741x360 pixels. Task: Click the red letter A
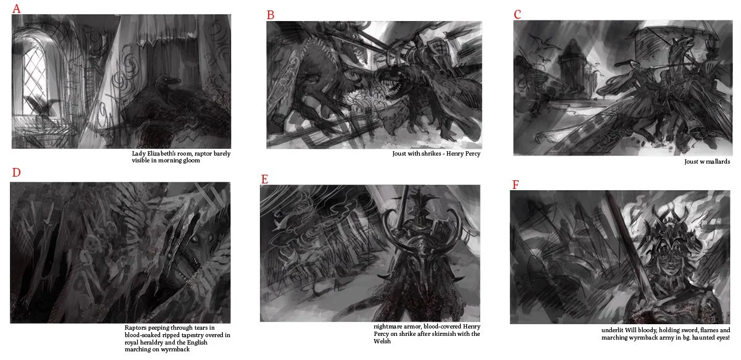[16, 8]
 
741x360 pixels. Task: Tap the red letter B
[270, 15]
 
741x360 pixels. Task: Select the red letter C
[517, 14]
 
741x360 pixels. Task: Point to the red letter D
[16, 172]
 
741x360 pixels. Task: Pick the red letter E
[264, 179]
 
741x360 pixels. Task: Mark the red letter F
[516, 185]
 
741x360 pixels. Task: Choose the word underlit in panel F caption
[613, 330]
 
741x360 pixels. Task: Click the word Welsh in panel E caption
[382, 341]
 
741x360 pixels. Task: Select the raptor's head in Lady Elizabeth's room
[169, 81]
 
